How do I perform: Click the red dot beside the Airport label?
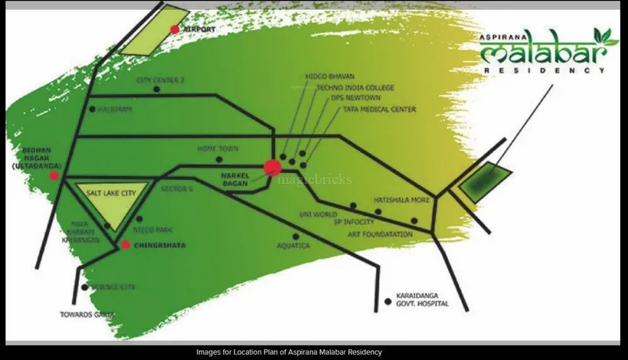coord(175,29)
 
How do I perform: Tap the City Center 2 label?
coord(161,80)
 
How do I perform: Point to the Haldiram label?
coord(116,110)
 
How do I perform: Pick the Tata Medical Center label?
coord(380,110)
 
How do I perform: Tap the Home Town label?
coord(218,149)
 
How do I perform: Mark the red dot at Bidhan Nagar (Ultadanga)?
coord(54,175)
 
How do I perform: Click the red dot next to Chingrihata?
coord(126,245)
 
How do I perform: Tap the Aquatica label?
coord(293,246)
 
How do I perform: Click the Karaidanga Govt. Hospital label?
coord(422,299)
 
